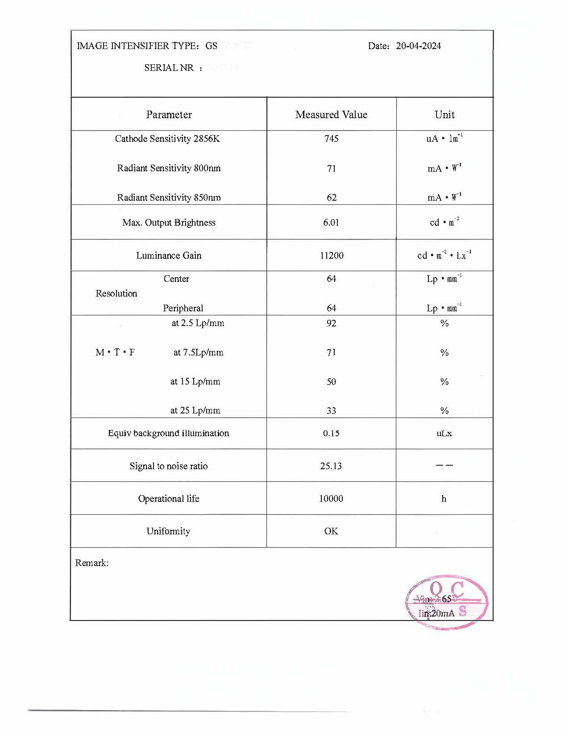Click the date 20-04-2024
(x=418, y=46)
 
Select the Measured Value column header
(x=331, y=115)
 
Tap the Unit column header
(x=444, y=115)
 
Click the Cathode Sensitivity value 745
(x=331, y=139)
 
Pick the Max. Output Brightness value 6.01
(x=331, y=223)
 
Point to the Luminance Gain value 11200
(x=332, y=256)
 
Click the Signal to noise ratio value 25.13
(x=331, y=466)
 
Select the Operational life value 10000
(x=331, y=499)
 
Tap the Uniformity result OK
(x=331, y=531)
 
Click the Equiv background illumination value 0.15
(x=331, y=433)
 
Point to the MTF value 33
(x=331, y=411)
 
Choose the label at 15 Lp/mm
(x=195, y=381)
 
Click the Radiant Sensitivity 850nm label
(x=169, y=198)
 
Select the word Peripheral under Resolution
(x=183, y=308)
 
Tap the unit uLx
(x=444, y=433)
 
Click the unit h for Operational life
(x=444, y=499)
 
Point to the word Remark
(x=91, y=563)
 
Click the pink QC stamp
(x=447, y=602)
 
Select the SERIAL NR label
(x=169, y=68)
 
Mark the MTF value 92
(x=331, y=323)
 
